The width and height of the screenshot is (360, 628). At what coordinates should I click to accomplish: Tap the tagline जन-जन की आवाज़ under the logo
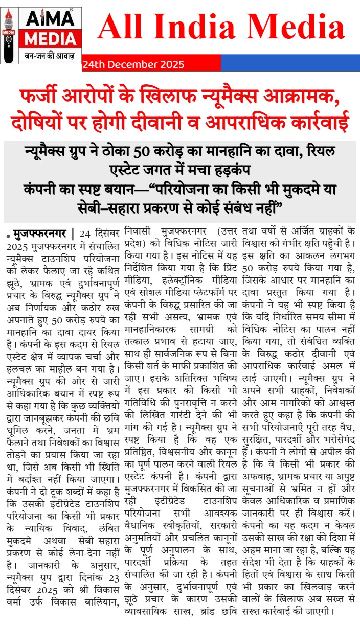(x=49, y=55)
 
